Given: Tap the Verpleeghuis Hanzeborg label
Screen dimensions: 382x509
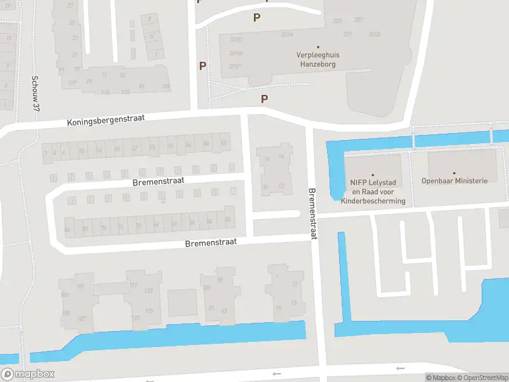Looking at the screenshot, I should pyautogui.click(x=318, y=59).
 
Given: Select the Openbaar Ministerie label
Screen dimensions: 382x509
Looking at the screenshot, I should pyautogui.click(x=454, y=181).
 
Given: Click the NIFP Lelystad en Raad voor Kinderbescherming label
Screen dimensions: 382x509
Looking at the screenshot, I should pyautogui.click(x=373, y=191).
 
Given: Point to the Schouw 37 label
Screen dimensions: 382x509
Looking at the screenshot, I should pyautogui.click(x=36, y=95).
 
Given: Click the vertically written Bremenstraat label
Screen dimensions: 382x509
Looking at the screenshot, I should pyautogui.click(x=312, y=213).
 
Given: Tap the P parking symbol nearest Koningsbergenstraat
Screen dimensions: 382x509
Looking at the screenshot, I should pyautogui.click(x=264, y=99).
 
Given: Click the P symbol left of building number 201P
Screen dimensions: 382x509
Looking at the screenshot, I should pyautogui.click(x=202, y=66).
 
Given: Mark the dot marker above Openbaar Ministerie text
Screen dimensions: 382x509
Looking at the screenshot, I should pyautogui.click(x=454, y=173).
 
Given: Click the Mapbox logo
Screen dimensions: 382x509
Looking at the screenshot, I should pyautogui.click(x=27, y=374).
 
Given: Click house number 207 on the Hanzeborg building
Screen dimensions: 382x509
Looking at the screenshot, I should pyautogui.click(x=358, y=20).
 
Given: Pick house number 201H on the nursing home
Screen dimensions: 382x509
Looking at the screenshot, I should pyautogui.click(x=287, y=35).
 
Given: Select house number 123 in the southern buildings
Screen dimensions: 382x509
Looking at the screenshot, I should pyautogui.click(x=148, y=291).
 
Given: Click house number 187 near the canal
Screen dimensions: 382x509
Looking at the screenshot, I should pyautogui.click(x=81, y=318).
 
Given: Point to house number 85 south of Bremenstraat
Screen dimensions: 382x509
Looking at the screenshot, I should pyautogui.click(x=221, y=279).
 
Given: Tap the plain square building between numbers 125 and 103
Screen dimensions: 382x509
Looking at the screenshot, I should pyautogui.click(x=182, y=302).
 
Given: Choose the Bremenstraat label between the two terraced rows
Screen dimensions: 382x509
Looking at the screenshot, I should pyautogui.click(x=158, y=181).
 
